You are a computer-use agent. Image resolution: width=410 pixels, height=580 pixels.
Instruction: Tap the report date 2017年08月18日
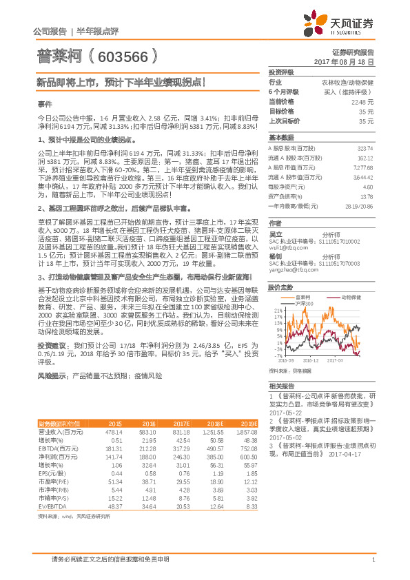[349, 62]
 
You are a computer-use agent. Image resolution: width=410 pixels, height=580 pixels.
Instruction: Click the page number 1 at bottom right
[373, 559]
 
